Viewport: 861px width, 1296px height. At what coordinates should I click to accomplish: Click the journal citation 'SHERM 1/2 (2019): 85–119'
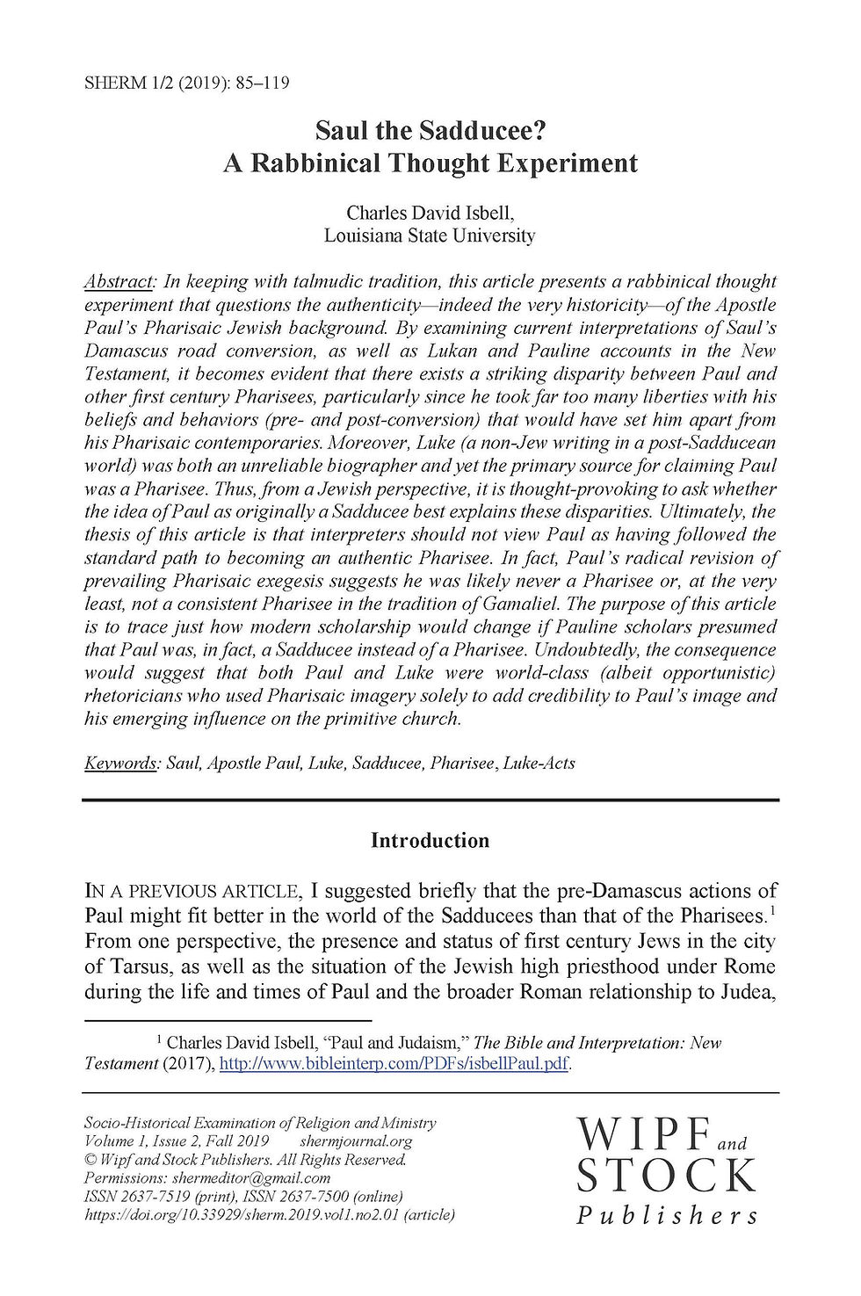186,83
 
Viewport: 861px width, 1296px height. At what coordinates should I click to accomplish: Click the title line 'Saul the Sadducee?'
430,131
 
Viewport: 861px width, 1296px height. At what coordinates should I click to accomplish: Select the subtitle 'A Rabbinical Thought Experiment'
430,163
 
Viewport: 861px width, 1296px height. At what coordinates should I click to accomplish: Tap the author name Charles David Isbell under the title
430,213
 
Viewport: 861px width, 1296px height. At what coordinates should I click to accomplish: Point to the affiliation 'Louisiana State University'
430,235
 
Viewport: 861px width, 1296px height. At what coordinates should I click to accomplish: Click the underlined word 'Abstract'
119,282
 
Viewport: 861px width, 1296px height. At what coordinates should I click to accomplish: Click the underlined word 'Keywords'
120,763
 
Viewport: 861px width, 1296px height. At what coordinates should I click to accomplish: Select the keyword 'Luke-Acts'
539,763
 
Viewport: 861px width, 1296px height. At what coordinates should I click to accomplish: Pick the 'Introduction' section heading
430,841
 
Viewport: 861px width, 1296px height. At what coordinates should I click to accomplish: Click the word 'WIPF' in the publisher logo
643,1135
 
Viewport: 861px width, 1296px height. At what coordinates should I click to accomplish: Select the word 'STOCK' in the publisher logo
666,1176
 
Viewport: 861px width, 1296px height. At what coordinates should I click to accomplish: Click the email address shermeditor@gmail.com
251,1178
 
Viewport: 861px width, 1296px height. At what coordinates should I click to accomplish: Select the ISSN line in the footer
243,1197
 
